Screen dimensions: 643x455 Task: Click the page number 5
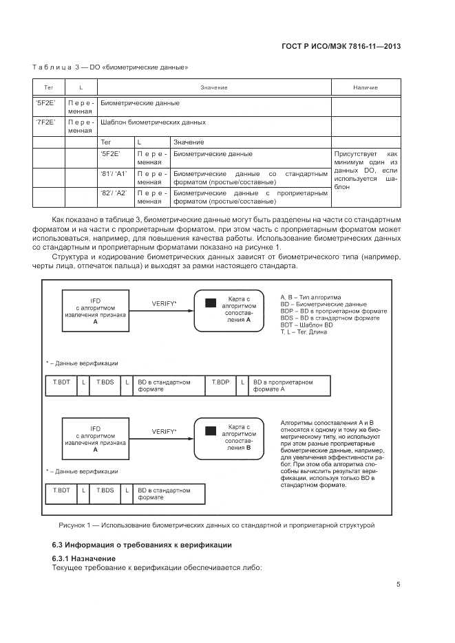[398, 585]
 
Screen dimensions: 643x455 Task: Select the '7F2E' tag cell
[45, 122]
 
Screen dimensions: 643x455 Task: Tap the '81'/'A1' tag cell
[114, 174]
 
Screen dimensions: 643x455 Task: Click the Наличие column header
[366, 87]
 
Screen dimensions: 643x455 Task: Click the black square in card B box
[211, 431]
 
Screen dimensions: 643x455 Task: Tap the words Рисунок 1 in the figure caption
[76, 525]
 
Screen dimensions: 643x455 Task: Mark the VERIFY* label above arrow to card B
[164, 431]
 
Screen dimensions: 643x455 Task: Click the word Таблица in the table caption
[52, 67]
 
